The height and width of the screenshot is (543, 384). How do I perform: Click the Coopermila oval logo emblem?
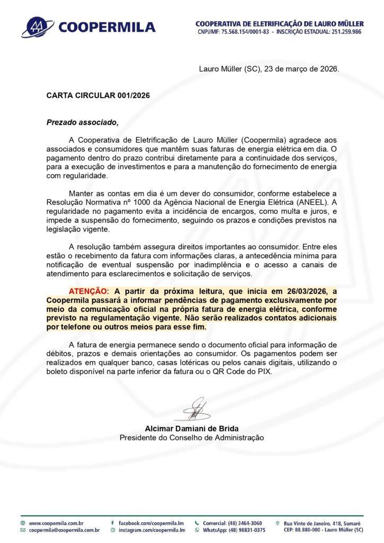37,27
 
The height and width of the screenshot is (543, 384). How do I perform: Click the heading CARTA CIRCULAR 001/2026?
98,95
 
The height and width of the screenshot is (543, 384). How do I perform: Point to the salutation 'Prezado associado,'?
82,122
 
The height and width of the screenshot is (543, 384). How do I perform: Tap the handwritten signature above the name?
193,409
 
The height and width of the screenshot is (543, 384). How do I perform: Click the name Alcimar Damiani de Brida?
191,428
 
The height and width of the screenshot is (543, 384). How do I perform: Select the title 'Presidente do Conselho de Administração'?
191,437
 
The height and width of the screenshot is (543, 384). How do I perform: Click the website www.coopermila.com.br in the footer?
56,523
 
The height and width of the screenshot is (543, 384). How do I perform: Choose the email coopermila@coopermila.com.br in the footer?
64,530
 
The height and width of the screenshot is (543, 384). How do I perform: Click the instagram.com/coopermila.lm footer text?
151,530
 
